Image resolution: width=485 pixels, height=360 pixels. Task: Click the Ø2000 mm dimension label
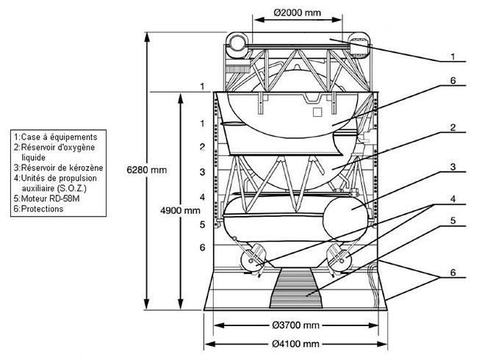click(x=298, y=12)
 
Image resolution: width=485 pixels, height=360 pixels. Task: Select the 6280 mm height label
click(x=147, y=170)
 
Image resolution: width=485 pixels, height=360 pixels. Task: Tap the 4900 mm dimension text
click(x=180, y=211)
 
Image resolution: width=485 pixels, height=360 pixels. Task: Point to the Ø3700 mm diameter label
click(x=295, y=325)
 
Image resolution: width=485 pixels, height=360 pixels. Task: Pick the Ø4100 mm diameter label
click(x=295, y=344)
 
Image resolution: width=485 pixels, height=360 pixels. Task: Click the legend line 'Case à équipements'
click(x=56, y=137)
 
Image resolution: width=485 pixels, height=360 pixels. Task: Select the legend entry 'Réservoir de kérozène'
click(x=59, y=168)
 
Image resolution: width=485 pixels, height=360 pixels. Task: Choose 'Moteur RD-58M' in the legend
click(x=47, y=198)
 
